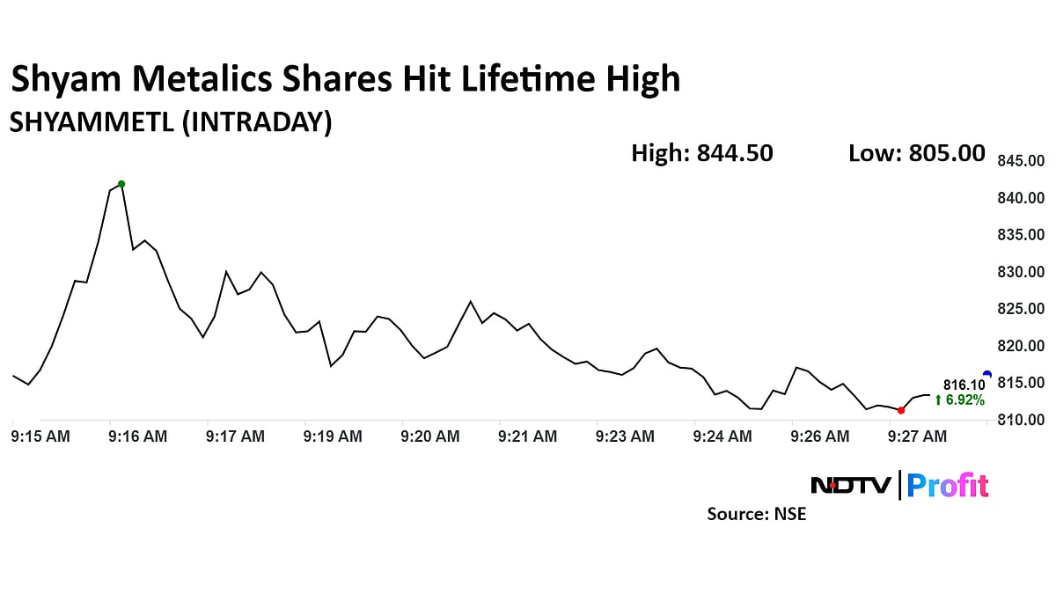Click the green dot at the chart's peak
[x=121, y=184]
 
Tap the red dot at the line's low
[x=900, y=410]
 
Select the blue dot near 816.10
[x=986, y=375]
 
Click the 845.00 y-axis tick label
[x=1021, y=161]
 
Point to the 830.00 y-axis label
[x=1021, y=272]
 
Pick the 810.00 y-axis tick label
[x=1021, y=420]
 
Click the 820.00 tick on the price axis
[x=1021, y=346]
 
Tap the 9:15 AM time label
[x=40, y=436]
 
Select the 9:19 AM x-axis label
[x=333, y=436]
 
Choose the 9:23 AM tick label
[x=625, y=436]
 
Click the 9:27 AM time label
[x=918, y=436]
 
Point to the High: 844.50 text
[x=702, y=153]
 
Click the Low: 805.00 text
[x=917, y=153]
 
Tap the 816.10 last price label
[x=964, y=385]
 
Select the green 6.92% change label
[x=959, y=400]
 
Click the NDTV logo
[x=850, y=485]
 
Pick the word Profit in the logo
[x=948, y=486]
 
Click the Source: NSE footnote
[x=757, y=514]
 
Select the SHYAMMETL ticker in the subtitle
[x=92, y=123]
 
